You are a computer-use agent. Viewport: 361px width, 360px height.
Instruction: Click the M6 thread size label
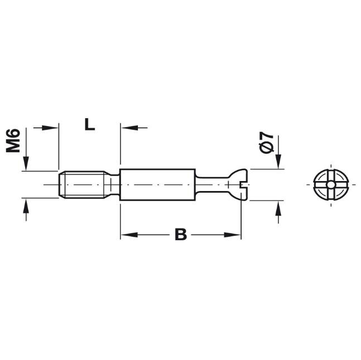[x=13, y=140]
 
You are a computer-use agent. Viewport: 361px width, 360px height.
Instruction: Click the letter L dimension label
[x=90, y=124]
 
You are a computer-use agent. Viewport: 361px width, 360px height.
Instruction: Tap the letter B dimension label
[x=181, y=234]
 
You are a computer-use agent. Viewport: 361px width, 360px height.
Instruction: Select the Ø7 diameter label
[x=266, y=142]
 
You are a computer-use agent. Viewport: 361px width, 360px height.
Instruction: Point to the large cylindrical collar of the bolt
[x=158, y=184]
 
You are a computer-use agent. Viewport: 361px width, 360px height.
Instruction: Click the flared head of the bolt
[x=239, y=184]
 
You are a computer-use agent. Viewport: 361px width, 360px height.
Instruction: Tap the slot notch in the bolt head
[x=244, y=184]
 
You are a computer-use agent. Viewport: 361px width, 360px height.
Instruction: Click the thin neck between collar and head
[x=212, y=184]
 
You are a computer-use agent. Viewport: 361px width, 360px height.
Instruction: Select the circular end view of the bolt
[x=331, y=184]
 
